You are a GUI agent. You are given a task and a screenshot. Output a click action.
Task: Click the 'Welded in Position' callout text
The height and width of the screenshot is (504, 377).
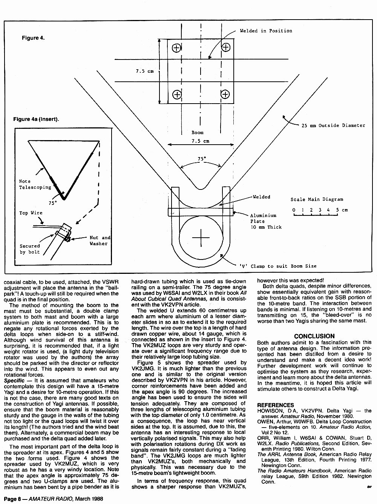click(x=266, y=31)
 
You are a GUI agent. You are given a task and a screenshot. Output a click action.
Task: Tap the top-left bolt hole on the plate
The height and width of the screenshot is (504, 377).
click(x=176, y=48)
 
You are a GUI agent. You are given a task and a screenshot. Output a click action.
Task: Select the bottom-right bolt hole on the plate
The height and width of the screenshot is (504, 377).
click(x=225, y=94)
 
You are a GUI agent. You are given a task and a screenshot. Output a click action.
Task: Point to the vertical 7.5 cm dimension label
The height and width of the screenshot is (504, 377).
click(x=144, y=71)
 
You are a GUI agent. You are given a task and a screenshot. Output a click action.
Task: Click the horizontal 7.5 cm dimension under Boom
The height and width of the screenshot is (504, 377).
click(x=200, y=141)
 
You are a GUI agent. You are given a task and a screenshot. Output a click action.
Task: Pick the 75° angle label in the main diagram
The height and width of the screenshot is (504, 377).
click(x=202, y=159)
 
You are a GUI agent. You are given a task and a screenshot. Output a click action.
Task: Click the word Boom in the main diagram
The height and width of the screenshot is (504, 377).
click(x=198, y=133)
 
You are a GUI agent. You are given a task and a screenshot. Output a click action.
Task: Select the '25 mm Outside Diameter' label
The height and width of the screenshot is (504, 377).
click(x=333, y=125)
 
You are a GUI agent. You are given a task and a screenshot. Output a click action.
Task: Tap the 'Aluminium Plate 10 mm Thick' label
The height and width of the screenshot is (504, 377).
click(x=266, y=221)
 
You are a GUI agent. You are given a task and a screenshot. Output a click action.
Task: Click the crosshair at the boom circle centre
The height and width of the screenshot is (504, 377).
click(x=201, y=238)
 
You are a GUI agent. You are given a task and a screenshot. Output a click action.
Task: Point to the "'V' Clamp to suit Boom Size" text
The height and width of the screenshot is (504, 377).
click(x=278, y=266)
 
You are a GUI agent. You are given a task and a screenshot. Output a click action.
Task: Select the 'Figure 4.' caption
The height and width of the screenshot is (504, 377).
click(x=33, y=38)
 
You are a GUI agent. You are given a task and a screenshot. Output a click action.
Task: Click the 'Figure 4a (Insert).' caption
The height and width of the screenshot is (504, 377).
click(x=36, y=119)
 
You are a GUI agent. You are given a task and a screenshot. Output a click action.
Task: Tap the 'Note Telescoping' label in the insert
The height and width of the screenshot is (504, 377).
click(x=35, y=184)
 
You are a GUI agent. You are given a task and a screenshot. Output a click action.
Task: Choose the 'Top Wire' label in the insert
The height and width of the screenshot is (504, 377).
click(x=31, y=213)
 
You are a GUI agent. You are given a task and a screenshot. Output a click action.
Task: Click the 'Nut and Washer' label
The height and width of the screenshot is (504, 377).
click(x=100, y=241)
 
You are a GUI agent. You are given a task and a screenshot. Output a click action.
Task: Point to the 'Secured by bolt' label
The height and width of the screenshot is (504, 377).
click(x=30, y=249)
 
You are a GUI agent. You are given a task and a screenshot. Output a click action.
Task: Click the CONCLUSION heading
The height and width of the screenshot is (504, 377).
click(x=314, y=336)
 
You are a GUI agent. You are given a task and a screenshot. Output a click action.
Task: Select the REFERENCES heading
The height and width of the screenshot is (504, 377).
click(x=276, y=405)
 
